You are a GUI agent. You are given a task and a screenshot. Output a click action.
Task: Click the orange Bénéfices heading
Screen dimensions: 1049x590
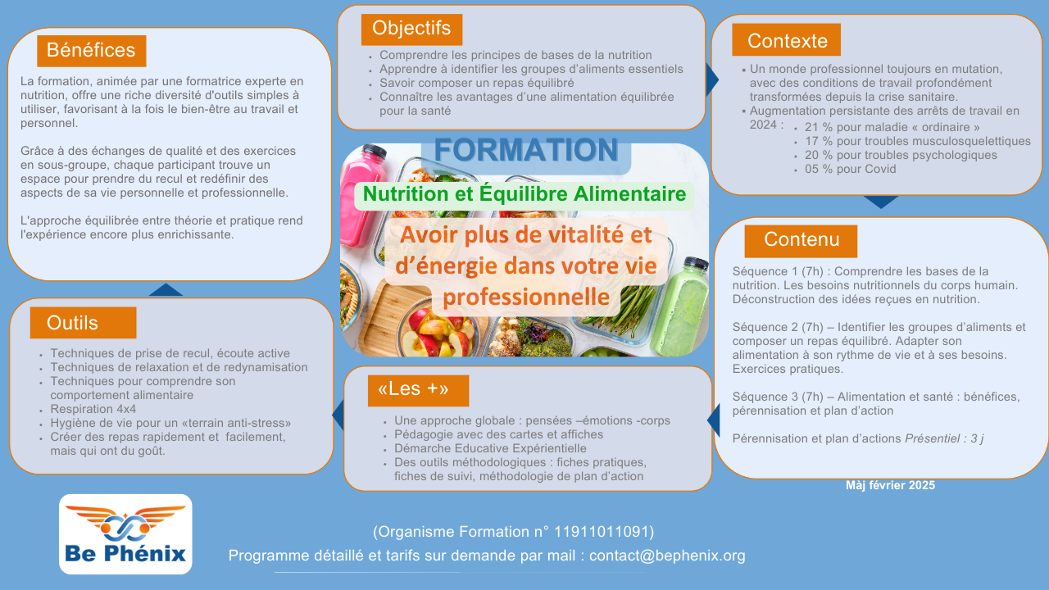pos(91,51)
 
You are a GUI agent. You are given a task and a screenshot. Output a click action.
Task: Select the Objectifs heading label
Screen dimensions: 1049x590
pos(411,29)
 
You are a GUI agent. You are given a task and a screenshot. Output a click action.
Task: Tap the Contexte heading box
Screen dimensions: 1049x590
pos(786,40)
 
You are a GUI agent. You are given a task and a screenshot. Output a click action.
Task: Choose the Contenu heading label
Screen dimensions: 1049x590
pos(801,241)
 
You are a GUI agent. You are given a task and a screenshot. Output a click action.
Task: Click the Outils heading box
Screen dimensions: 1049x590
pos(84,323)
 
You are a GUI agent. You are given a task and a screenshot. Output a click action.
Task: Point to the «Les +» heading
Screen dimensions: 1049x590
pos(418,390)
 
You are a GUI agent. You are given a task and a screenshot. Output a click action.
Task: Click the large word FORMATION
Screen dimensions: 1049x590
pos(526,150)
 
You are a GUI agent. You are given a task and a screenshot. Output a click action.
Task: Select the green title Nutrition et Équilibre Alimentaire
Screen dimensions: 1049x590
pos(524,194)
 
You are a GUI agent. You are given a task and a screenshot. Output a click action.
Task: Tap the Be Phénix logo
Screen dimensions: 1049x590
pos(125,534)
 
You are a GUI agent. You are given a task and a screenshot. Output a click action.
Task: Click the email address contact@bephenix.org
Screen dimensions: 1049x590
pos(667,556)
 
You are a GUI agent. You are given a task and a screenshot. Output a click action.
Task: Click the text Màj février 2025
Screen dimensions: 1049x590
pos(890,485)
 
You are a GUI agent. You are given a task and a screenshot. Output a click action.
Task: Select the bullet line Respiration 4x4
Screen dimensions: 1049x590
pos(93,409)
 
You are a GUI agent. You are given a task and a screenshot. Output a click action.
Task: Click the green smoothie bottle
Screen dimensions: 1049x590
pos(680,306)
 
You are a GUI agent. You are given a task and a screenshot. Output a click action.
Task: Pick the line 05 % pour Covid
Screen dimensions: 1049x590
pos(850,169)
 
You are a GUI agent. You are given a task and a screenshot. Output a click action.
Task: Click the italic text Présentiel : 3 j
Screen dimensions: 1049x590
pos(944,438)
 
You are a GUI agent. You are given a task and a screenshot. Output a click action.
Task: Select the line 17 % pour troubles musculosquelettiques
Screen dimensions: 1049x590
pos(917,141)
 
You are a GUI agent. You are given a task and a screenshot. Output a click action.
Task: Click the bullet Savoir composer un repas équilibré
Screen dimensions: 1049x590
pos(476,83)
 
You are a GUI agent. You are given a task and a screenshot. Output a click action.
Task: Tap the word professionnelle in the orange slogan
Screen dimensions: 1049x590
pos(526,297)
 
